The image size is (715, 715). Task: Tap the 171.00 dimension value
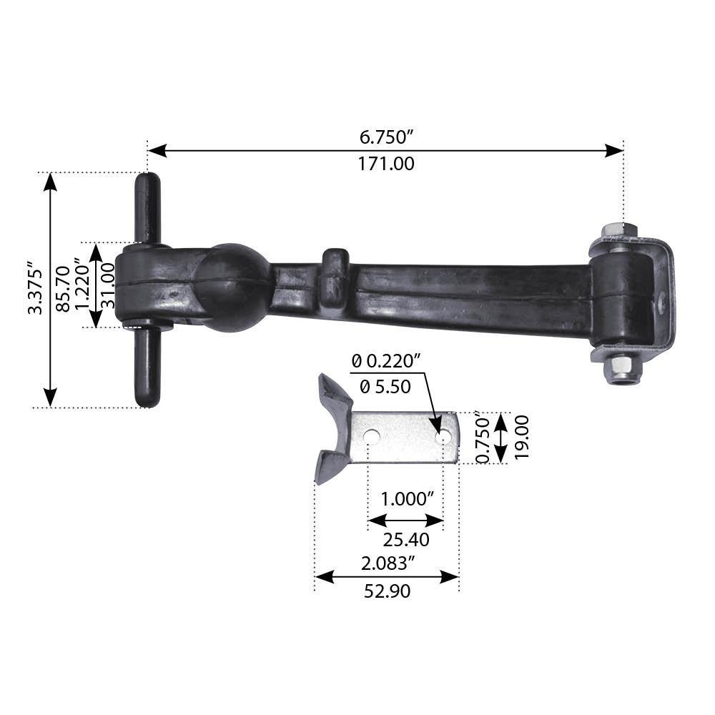[386, 164]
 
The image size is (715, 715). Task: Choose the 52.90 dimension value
[387, 591]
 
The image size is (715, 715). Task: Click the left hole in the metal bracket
[371, 435]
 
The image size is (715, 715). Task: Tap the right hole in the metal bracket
[444, 435]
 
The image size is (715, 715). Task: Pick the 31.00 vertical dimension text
[108, 285]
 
